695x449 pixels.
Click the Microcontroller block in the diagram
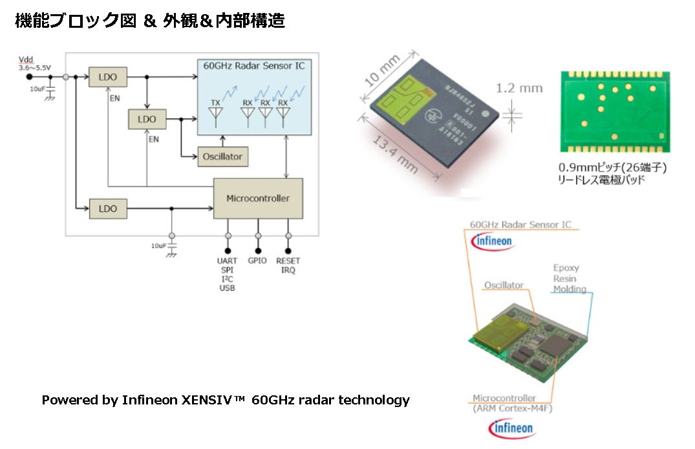point(257,198)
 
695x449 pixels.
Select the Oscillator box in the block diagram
point(222,157)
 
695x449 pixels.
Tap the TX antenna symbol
point(215,112)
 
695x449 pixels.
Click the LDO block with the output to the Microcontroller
point(108,209)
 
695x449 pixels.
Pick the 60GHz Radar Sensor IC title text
point(253,66)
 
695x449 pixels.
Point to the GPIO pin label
point(257,261)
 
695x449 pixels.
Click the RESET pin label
point(288,261)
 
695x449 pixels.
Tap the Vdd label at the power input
point(26,59)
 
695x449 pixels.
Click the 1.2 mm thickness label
point(520,88)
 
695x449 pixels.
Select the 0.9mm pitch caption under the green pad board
point(612,167)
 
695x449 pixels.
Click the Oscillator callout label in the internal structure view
point(504,285)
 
